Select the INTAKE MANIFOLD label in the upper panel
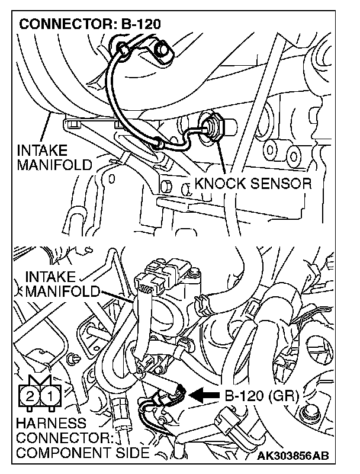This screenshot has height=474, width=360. point(54,156)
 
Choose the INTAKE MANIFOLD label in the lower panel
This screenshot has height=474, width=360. point(62,284)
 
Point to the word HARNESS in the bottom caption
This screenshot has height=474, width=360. point(51,424)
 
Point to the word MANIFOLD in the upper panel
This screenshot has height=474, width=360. point(54,164)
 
